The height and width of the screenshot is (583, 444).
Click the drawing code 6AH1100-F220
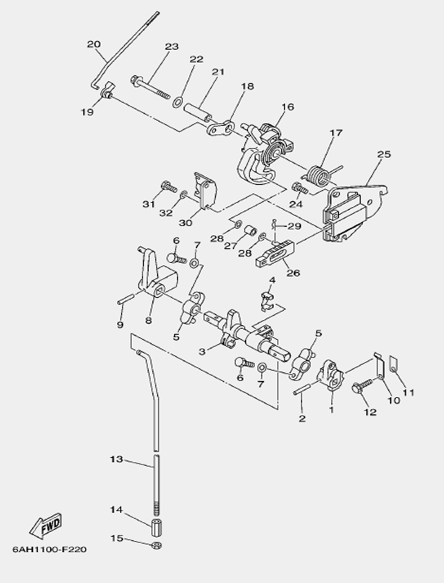click(x=50, y=549)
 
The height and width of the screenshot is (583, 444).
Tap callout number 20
click(x=94, y=44)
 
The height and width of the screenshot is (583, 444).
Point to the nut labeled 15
click(x=155, y=544)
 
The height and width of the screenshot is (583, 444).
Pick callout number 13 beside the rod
click(x=116, y=458)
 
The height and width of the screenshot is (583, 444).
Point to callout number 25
click(x=383, y=154)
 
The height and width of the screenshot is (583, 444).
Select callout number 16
click(x=287, y=106)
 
